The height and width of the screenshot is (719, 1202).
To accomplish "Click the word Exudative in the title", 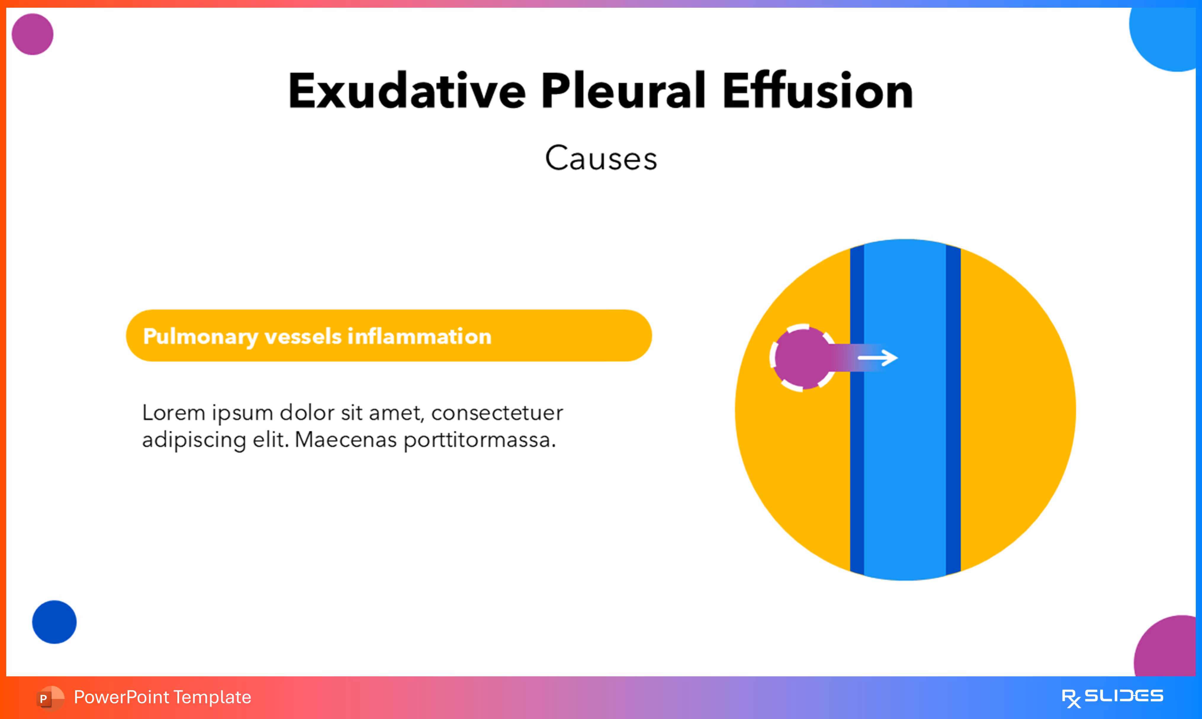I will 406,91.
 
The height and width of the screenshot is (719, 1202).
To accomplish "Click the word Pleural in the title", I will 623,91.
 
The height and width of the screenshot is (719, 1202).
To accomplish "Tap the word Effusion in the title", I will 817,91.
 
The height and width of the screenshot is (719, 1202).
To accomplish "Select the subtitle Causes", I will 601,158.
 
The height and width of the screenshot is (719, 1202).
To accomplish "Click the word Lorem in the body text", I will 173,413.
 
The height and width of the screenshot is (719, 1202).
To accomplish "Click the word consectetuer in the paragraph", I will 497,413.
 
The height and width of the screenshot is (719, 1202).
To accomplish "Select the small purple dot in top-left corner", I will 33,34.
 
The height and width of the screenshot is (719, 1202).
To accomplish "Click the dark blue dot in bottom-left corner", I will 54,622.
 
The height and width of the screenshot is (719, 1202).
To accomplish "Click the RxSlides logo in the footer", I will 1112,697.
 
